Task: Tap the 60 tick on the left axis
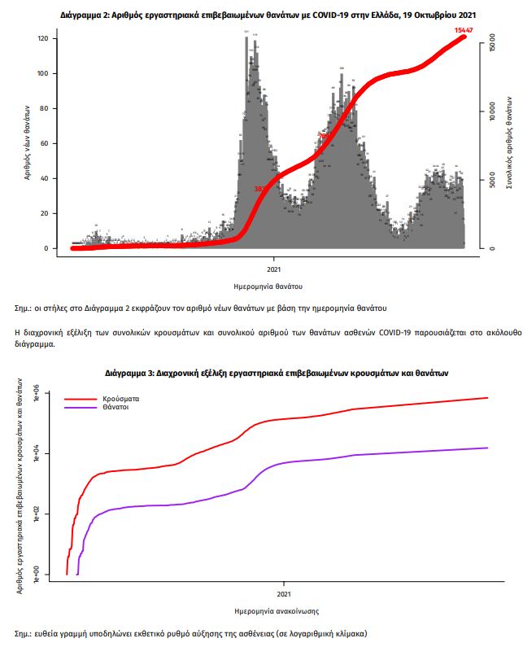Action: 50,143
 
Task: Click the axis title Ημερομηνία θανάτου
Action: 268,286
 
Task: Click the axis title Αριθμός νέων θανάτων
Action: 28,142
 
